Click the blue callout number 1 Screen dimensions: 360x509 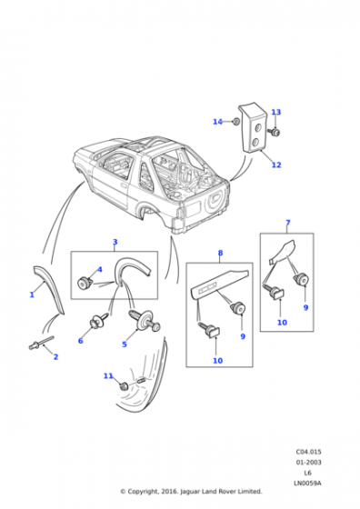(32, 294)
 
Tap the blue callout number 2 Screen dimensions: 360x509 (55, 356)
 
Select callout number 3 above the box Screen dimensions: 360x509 (115, 242)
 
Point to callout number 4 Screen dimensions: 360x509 (100, 269)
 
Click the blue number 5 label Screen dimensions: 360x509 (125, 344)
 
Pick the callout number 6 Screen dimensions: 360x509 (81, 341)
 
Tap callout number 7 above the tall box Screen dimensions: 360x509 (287, 223)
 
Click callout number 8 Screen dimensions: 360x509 (220, 253)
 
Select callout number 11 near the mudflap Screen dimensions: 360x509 (108, 376)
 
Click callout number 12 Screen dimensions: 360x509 (276, 165)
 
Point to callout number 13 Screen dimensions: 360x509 (276, 112)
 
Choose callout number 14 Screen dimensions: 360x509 (217, 122)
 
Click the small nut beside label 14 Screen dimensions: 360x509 (236, 122)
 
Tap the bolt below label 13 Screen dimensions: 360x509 (275, 132)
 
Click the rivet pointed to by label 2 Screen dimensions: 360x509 (41, 343)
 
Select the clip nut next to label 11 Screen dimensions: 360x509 (124, 387)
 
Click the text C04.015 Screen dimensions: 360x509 (308, 452)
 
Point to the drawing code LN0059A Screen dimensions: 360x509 (308, 483)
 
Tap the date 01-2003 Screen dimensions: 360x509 (308, 463)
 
